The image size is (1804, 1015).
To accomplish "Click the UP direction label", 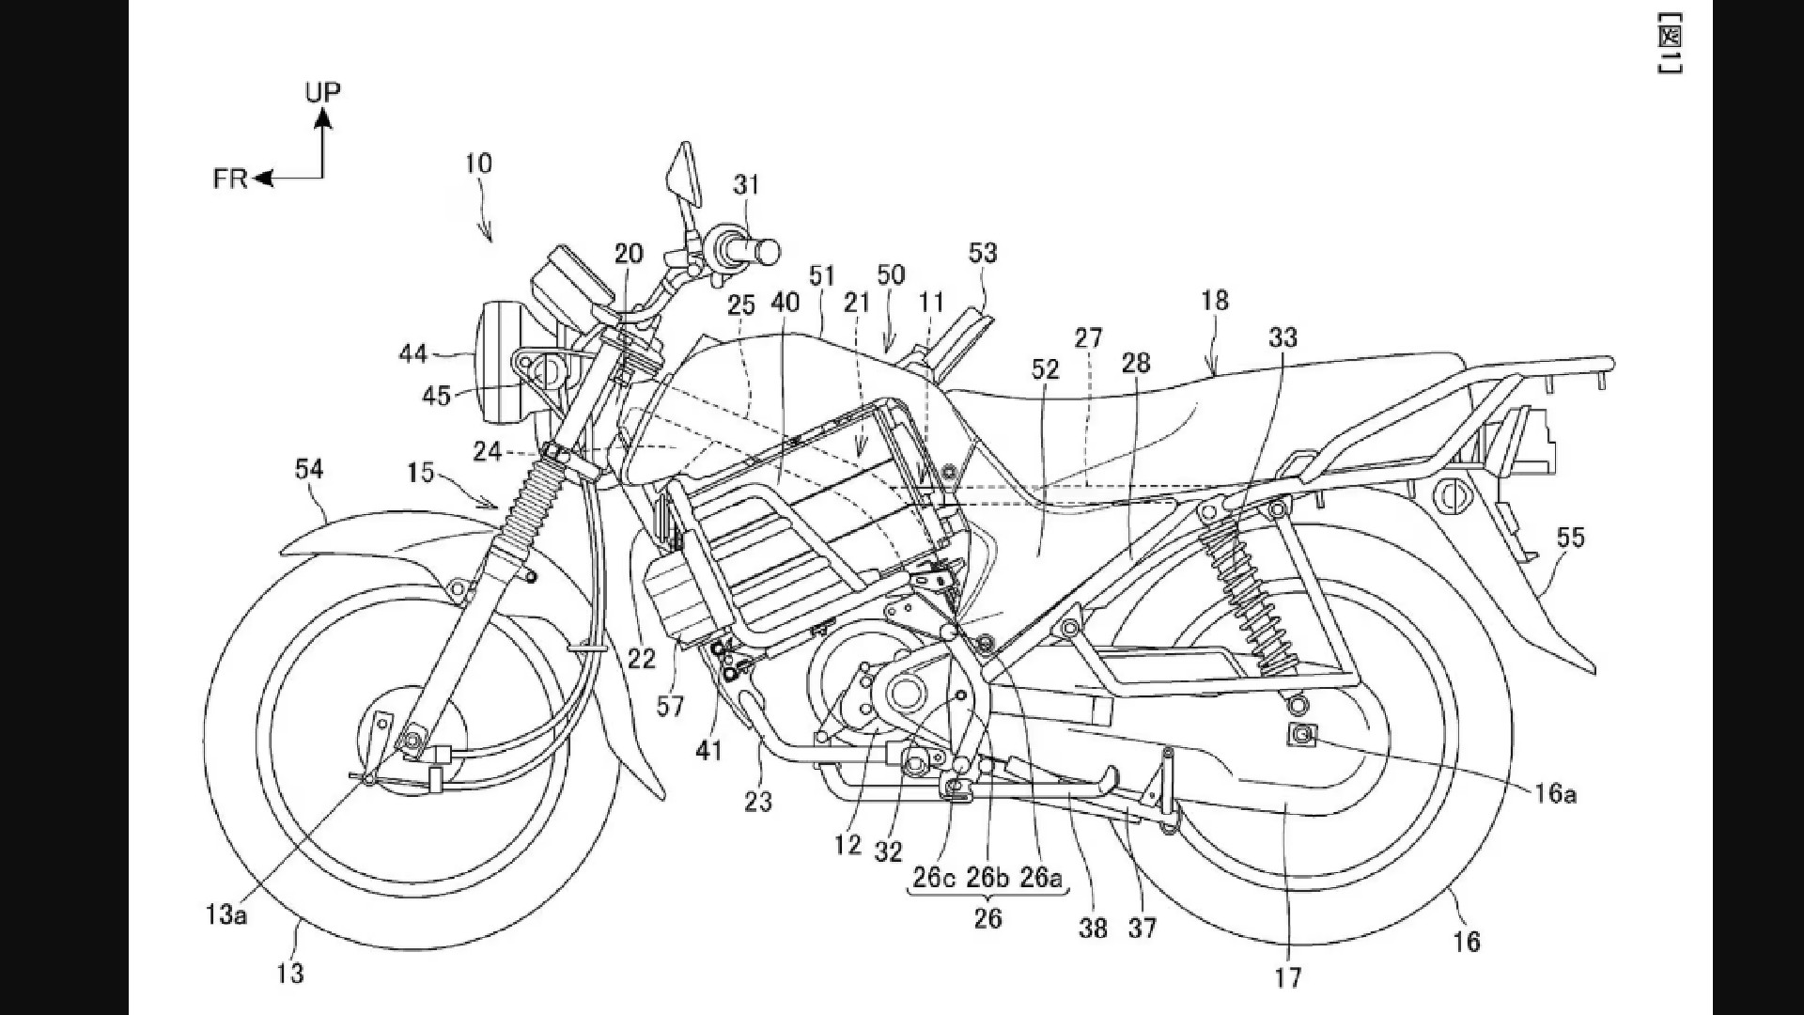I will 322,91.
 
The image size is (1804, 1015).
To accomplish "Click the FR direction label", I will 230,179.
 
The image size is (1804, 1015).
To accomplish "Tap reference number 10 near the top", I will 478,164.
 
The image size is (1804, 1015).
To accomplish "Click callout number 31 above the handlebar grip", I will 746,185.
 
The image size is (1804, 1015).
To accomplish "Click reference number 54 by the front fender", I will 309,468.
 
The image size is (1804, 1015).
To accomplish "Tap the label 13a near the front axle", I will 225,913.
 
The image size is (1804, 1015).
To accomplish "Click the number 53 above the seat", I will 983,253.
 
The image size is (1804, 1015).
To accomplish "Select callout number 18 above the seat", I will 1214,301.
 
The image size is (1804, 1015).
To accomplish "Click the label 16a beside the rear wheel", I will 1555,794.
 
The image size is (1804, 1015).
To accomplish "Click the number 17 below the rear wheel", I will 1288,977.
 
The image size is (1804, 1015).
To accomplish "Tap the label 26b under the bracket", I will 988,878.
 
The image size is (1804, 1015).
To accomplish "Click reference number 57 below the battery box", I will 670,706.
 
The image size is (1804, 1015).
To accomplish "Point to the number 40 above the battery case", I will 785,302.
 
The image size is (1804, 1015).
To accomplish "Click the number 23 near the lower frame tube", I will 758,802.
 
